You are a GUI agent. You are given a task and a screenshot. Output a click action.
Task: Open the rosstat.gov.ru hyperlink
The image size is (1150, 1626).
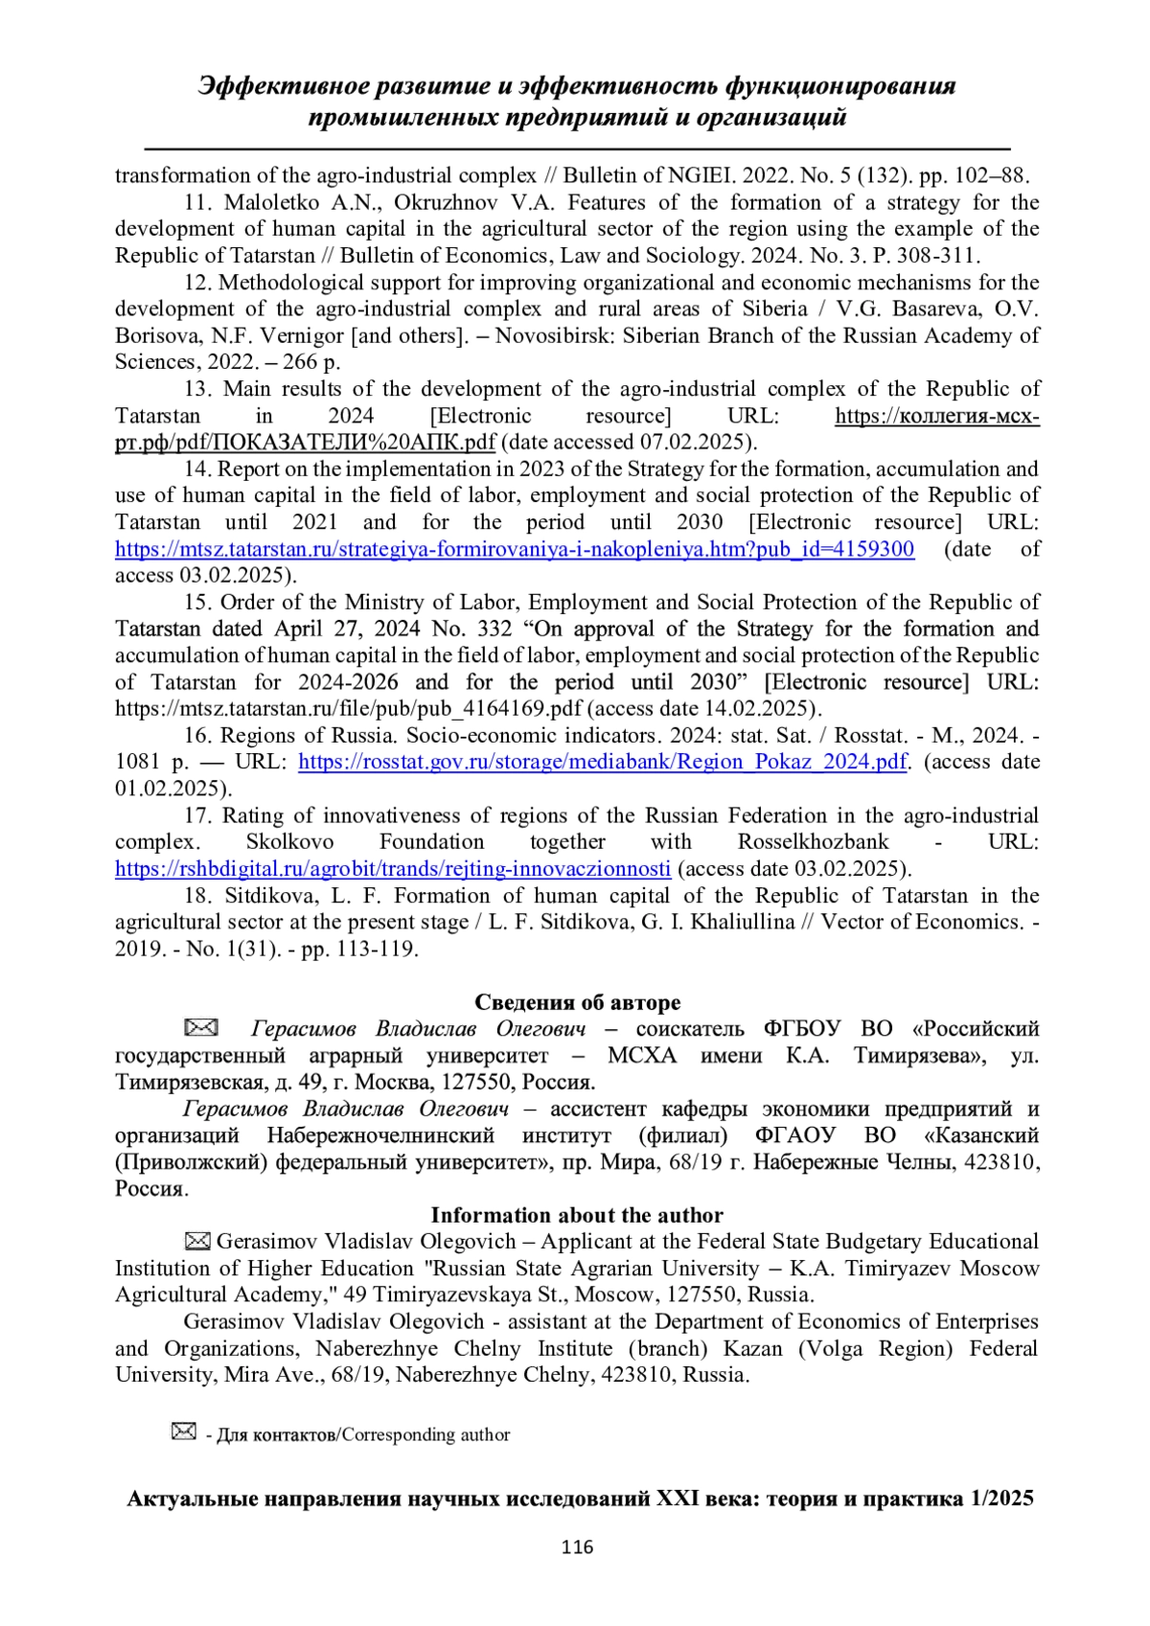click(x=603, y=762)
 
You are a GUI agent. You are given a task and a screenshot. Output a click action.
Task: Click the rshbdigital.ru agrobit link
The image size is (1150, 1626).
click(x=393, y=869)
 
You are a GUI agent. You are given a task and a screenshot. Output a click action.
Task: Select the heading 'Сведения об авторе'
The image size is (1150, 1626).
click(x=578, y=1002)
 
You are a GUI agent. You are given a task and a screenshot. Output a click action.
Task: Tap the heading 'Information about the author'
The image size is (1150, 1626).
click(x=577, y=1215)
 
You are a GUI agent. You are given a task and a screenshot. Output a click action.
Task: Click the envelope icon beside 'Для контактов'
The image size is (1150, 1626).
click(x=183, y=1432)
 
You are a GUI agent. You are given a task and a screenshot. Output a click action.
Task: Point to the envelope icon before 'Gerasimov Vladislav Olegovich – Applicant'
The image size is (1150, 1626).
click(x=197, y=1242)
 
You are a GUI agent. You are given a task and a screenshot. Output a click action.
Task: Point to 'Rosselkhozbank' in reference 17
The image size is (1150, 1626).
click(x=813, y=842)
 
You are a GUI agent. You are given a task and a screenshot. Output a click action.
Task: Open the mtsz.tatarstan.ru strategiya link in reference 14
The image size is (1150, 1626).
click(x=515, y=549)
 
